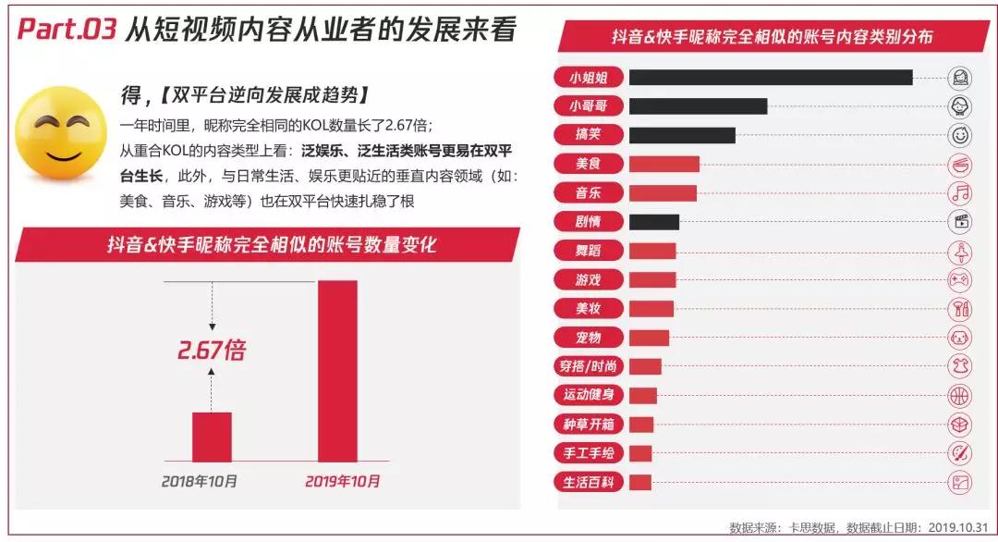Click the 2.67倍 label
[x=212, y=351]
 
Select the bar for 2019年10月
[x=337, y=371]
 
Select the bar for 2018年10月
[x=212, y=437]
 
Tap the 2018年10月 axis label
[x=199, y=481]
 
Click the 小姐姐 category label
[x=588, y=77]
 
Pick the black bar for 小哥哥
[x=698, y=106]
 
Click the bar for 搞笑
[x=682, y=135]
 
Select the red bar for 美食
[x=663, y=164]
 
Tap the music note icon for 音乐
[x=961, y=192]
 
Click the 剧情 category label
[x=588, y=222]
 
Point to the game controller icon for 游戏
[x=961, y=279]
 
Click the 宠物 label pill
[x=588, y=338]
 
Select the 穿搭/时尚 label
[x=588, y=366]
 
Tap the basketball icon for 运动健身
[x=961, y=395]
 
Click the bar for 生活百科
[x=639, y=482]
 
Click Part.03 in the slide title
[x=67, y=31]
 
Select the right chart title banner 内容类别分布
[x=772, y=38]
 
